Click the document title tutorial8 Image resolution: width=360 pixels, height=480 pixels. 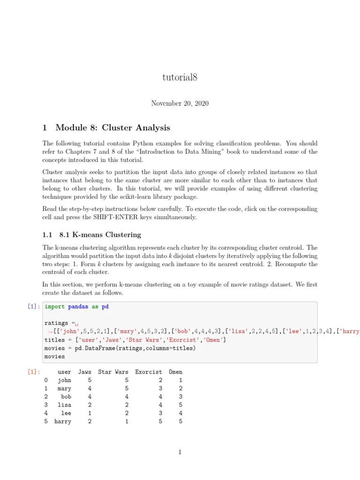pos(180,78)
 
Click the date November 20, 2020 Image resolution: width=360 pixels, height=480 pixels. pos(180,103)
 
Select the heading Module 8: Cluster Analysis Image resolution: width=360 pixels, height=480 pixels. pos(112,127)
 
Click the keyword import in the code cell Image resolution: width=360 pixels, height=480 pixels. pos(54,307)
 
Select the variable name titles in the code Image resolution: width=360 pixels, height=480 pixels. pos(54,340)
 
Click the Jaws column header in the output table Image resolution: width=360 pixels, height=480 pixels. pos(85,372)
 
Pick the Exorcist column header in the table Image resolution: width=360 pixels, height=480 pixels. pos(149,372)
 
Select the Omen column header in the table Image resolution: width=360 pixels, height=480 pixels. pos(175,372)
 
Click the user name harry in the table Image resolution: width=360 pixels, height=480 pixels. pos(63,421)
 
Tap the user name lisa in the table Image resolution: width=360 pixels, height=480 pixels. pos(65,405)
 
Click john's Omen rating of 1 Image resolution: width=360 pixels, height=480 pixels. pos(180,380)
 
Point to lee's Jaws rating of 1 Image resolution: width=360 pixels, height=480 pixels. pos(90,413)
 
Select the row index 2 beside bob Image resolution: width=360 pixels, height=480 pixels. pos(46,397)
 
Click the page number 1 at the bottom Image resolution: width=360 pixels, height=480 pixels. pos(180,452)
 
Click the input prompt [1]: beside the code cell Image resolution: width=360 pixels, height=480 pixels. pos(34,307)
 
